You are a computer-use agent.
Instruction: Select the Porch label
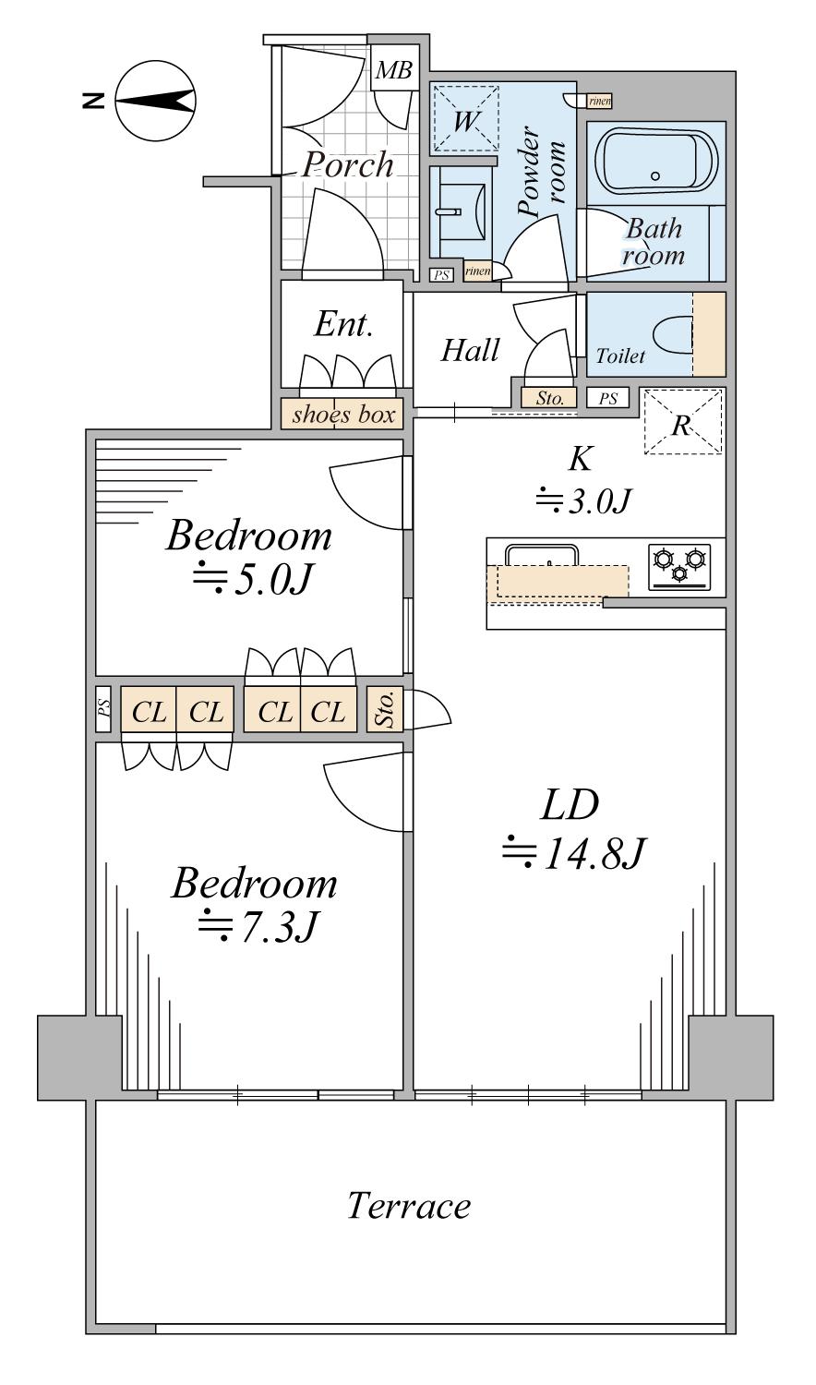[x=349, y=165]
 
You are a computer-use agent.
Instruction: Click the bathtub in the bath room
[x=656, y=161]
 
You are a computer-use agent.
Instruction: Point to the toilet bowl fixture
[x=673, y=335]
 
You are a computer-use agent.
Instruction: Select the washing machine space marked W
[x=465, y=118]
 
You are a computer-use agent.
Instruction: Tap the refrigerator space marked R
[x=682, y=421]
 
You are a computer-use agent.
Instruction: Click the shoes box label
[x=342, y=415]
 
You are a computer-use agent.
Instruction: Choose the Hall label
[x=470, y=351]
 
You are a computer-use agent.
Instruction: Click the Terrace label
[x=409, y=1206]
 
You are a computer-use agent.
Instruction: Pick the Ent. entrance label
[x=342, y=324]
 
